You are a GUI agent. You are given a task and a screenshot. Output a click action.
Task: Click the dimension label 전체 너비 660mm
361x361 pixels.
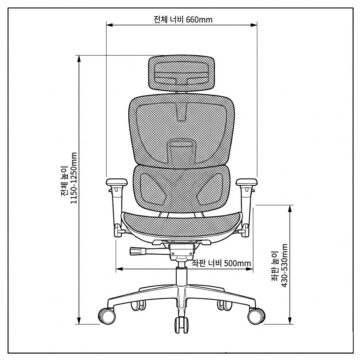click(x=183, y=19)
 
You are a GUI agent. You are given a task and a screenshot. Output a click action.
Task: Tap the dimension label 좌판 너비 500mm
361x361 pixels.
click(x=221, y=263)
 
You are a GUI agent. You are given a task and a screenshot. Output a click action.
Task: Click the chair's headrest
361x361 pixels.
click(x=182, y=73)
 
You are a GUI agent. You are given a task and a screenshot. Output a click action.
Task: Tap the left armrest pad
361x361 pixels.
click(x=116, y=182)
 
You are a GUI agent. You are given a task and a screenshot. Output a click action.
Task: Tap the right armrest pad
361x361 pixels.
click(x=247, y=182)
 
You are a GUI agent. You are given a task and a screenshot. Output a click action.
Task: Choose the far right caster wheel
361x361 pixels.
click(x=256, y=316)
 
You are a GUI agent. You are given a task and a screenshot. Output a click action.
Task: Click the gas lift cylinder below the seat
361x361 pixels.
click(x=182, y=275)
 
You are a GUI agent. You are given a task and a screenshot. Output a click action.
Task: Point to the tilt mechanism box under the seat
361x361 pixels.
click(x=182, y=251)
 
